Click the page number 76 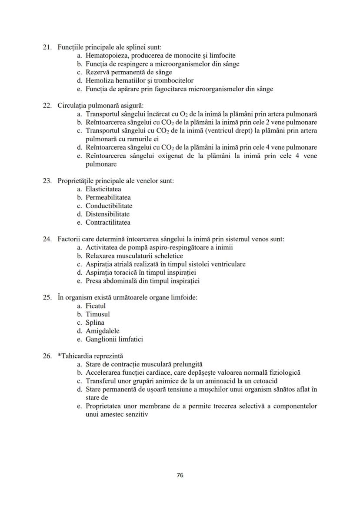coord(180,475)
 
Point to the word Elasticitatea coord(103,189)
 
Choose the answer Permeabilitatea coord(108,197)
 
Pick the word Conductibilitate coord(109,206)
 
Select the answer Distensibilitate coord(107,214)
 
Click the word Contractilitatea coord(108,223)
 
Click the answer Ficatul coord(95,306)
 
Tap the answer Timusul coord(97,314)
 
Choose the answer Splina coord(95,323)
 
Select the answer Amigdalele coord(102,331)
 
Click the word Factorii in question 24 coord(69,239)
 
